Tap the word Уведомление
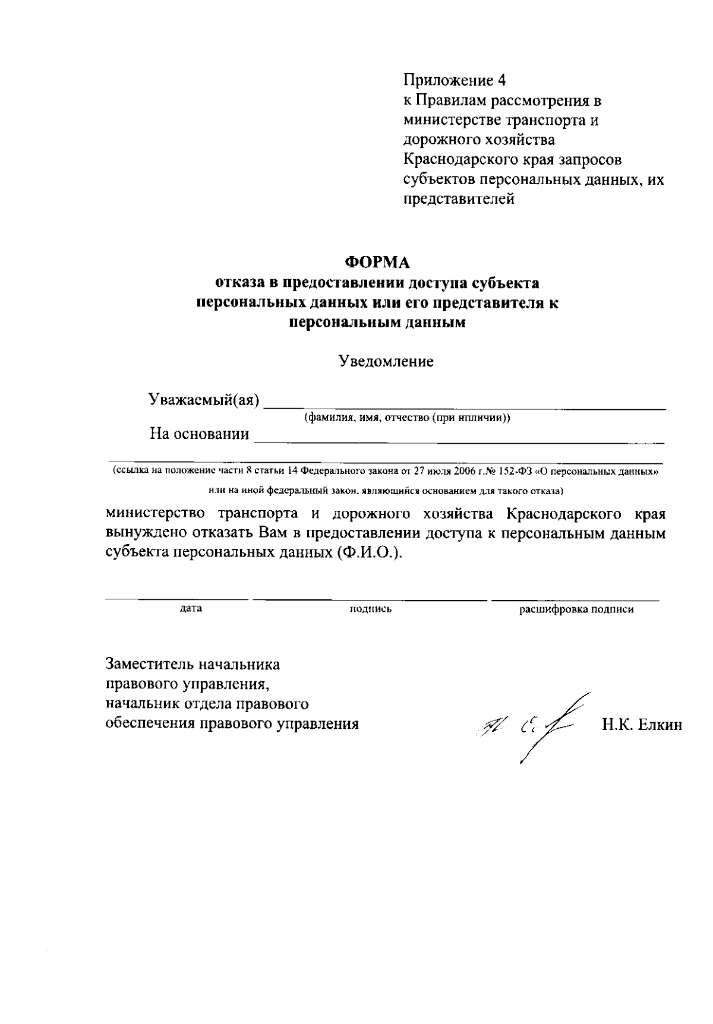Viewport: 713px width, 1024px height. (x=386, y=361)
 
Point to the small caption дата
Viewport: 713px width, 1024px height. (x=191, y=608)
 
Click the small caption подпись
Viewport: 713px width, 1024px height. (x=371, y=609)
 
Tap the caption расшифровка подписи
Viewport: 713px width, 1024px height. (x=576, y=609)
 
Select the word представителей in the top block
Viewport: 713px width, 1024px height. (x=459, y=199)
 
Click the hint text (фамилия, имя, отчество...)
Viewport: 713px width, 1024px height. (x=407, y=418)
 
